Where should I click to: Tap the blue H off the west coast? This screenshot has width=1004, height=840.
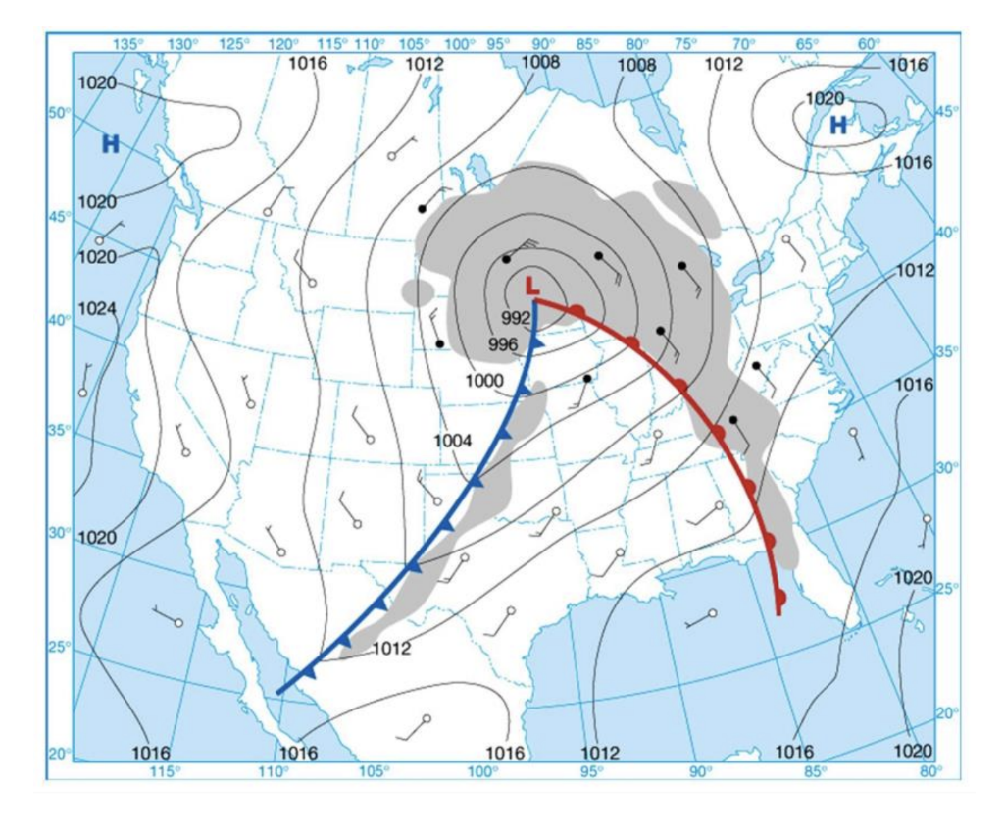pyautogui.click(x=110, y=145)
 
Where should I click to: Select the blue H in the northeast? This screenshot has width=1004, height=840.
pyautogui.click(x=838, y=125)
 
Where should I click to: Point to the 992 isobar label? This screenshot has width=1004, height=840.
pyautogui.click(x=515, y=318)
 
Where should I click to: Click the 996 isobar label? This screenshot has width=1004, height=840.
pyautogui.click(x=503, y=344)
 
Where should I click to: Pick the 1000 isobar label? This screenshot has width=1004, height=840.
pyautogui.click(x=484, y=380)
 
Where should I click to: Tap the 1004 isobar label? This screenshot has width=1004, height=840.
pyautogui.click(x=453, y=441)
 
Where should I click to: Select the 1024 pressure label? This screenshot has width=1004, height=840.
pyautogui.click(x=97, y=308)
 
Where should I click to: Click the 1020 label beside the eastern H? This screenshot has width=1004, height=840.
pyautogui.click(x=825, y=98)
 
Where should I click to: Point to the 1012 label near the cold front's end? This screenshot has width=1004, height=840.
pyautogui.click(x=391, y=648)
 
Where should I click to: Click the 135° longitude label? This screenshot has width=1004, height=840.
pyautogui.click(x=128, y=43)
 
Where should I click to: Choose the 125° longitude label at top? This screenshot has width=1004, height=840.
pyautogui.click(x=234, y=43)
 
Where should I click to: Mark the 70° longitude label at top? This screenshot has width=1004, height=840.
pyautogui.click(x=743, y=43)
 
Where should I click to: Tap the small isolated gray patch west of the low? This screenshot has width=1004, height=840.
pyautogui.click(x=418, y=291)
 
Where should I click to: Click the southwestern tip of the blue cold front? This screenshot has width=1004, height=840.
pyautogui.click(x=278, y=692)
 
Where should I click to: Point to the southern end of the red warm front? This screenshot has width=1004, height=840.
pyautogui.click(x=778, y=613)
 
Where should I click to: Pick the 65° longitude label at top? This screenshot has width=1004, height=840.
pyautogui.click(x=807, y=43)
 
